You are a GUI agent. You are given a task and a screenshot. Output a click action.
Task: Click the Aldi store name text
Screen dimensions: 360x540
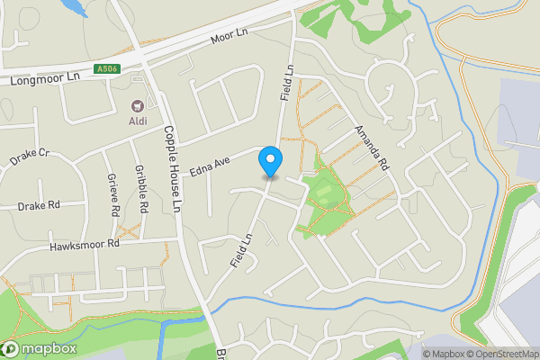138,120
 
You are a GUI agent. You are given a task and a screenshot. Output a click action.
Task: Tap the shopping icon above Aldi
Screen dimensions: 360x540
138,105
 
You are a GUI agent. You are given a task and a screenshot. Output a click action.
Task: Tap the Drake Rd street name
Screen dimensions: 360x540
38,206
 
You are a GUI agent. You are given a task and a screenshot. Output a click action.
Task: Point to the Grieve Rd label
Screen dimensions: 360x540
114,195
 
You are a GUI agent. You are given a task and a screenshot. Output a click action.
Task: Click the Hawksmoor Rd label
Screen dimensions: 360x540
85,245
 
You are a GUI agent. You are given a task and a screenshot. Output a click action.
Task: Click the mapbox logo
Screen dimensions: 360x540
40,348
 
